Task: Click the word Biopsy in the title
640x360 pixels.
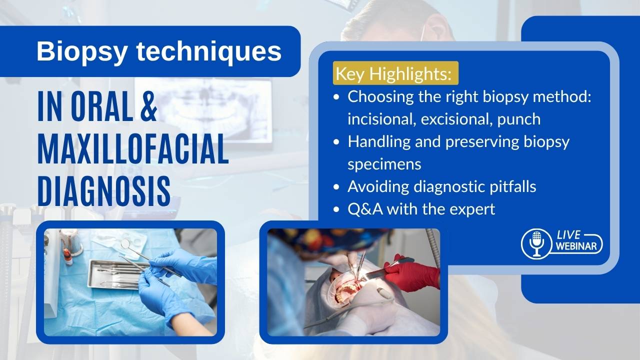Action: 82,52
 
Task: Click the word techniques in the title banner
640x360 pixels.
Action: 209,51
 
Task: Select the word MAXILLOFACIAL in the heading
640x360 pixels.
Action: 133,149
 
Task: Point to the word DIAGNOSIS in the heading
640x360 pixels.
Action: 104,191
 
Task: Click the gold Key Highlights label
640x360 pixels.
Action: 395,73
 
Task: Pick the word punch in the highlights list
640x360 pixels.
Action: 519,119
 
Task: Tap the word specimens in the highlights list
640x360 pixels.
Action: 384,164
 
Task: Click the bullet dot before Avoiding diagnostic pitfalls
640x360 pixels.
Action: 336,187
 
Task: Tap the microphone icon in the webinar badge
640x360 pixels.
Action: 536,243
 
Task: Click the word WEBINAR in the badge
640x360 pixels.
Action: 576,246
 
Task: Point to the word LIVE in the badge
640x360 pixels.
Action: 568,235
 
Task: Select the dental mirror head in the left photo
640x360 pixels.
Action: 125,243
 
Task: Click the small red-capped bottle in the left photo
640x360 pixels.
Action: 67,256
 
